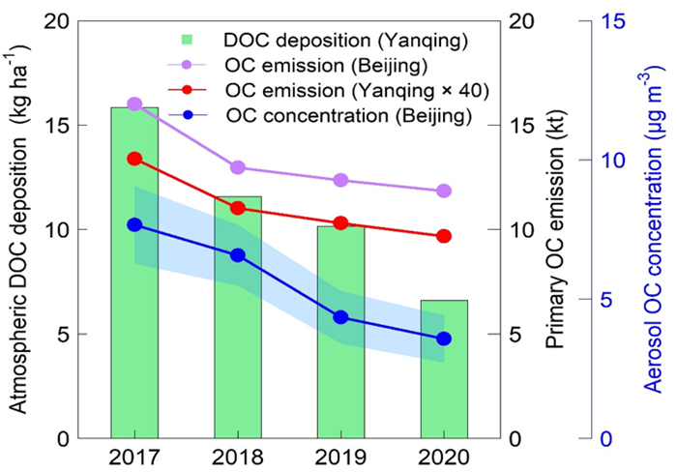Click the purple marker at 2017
[134, 103]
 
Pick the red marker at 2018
[237, 208]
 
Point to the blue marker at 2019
[340, 317]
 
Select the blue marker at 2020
[444, 339]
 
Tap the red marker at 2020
[444, 236]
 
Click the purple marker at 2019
[340, 180]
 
